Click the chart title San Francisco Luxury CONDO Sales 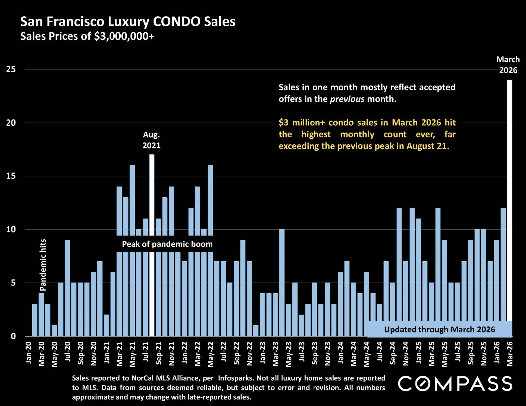click(x=128, y=22)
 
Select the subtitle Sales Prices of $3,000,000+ click(x=87, y=36)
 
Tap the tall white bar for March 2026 click(x=509, y=201)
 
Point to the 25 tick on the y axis click(x=11, y=69)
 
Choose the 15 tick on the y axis click(x=11, y=176)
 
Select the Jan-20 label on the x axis click(x=29, y=353)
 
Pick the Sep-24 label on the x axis click(x=393, y=353)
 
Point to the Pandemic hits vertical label click(x=43, y=265)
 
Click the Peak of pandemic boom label click(x=167, y=244)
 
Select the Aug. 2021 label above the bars click(x=152, y=140)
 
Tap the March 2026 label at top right click(x=508, y=65)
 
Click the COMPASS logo click(x=455, y=383)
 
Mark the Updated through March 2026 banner click(x=439, y=329)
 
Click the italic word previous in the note click(x=347, y=99)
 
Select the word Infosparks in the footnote click(x=236, y=378)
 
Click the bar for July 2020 click(x=67, y=288)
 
